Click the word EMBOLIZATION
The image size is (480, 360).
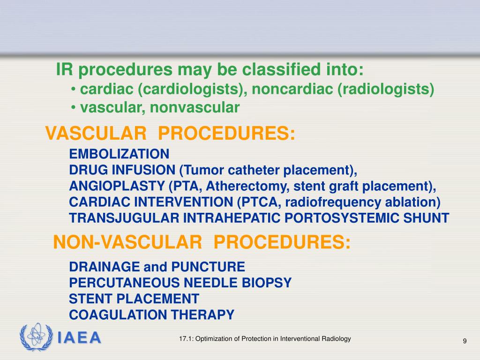pos(119,154)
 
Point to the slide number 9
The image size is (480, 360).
pos(465,341)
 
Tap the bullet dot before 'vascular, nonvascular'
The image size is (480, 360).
pos(74,108)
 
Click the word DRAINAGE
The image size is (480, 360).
pos(105,267)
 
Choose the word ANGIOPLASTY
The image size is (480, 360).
pos(118,186)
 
